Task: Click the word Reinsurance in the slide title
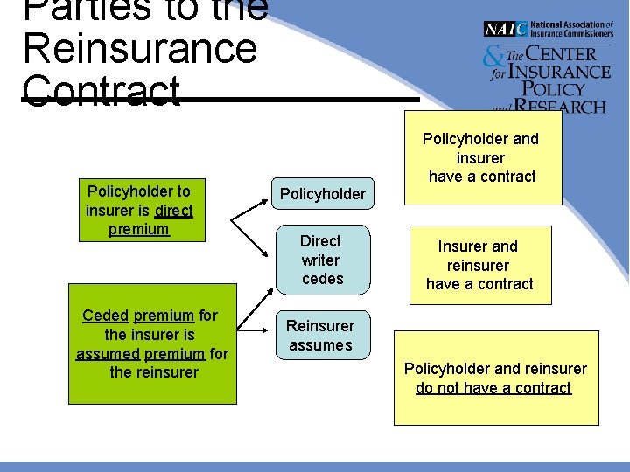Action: click(140, 48)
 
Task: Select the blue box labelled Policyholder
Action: click(321, 194)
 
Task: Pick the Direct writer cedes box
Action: click(321, 260)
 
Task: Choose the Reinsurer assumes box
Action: click(320, 336)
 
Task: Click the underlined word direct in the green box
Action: click(173, 210)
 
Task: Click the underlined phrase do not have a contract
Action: click(493, 388)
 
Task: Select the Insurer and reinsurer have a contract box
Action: click(479, 265)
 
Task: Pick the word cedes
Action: click(322, 279)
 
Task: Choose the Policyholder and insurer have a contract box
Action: click(480, 157)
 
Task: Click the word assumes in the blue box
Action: click(320, 345)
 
